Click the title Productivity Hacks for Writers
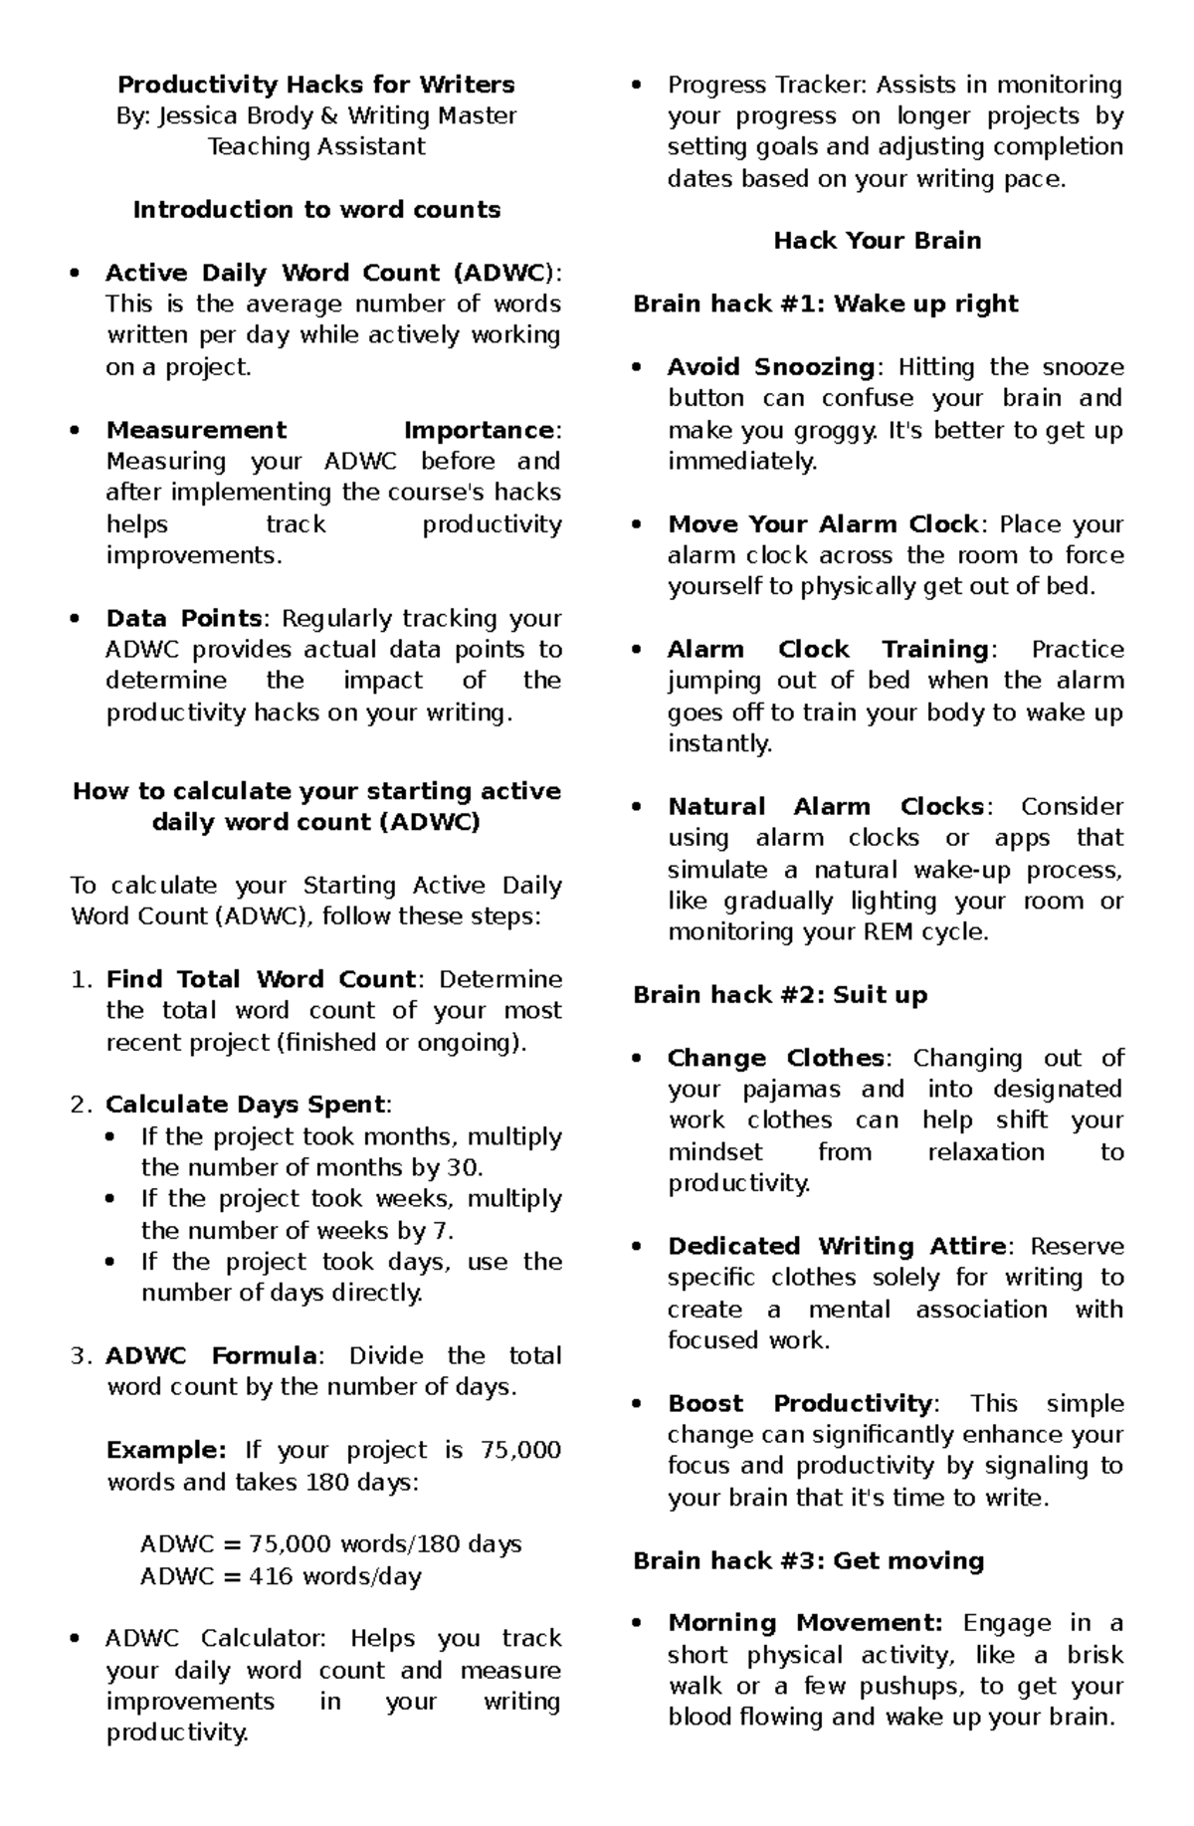pyautogui.click(x=315, y=85)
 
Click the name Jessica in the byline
pyautogui.click(x=197, y=115)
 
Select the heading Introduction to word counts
pyautogui.click(x=316, y=210)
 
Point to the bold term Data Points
pyautogui.click(x=184, y=618)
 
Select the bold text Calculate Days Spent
pyautogui.click(x=245, y=1105)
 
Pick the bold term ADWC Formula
pyautogui.click(x=212, y=1355)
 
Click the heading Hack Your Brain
pyautogui.click(x=877, y=241)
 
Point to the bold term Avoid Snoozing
pyautogui.click(x=770, y=367)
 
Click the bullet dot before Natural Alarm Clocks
pyautogui.click(x=638, y=807)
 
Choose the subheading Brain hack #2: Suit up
pyautogui.click(x=779, y=995)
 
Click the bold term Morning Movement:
pyautogui.click(x=805, y=1623)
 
